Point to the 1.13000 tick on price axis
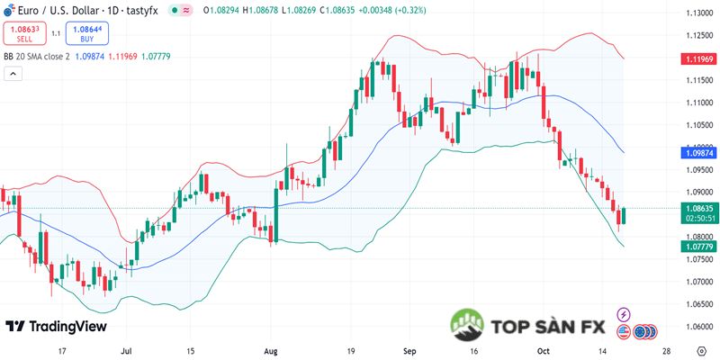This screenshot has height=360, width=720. (x=694, y=13)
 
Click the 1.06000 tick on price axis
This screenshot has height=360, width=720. (x=694, y=327)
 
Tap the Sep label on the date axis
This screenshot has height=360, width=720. (x=410, y=350)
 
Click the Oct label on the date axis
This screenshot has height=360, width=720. (x=543, y=350)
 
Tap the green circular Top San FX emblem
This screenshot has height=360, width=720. (x=468, y=327)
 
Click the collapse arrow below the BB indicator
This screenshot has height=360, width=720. (x=13, y=73)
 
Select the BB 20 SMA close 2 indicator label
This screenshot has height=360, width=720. (x=37, y=57)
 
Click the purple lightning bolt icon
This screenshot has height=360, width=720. (x=624, y=314)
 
